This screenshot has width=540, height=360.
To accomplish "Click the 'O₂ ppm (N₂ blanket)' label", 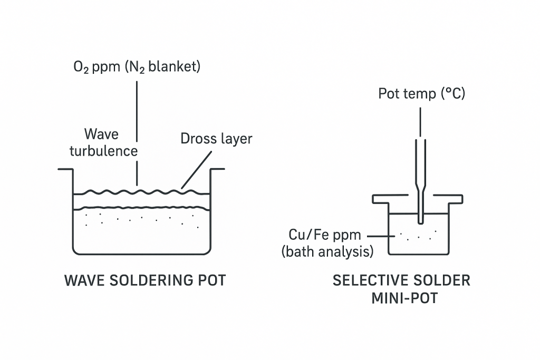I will [x=137, y=67].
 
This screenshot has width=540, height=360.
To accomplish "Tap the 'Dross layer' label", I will [x=216, y=139].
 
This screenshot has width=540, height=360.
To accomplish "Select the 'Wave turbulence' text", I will [x=110, y=142].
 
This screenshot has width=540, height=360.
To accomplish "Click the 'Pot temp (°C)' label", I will [x=421, y=94].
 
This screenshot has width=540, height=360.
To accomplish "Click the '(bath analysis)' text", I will [x=327, y=251].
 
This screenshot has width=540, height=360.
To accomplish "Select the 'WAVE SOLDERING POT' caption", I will [x=145, y=280].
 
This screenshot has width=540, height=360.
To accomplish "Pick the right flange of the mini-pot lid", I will [x=448, y=199].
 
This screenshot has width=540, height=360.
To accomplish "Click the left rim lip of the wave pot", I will [x=65, y=169].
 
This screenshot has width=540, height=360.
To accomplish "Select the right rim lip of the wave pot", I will [x=218, y=169].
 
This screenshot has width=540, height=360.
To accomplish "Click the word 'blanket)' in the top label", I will [x=176, y=67].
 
